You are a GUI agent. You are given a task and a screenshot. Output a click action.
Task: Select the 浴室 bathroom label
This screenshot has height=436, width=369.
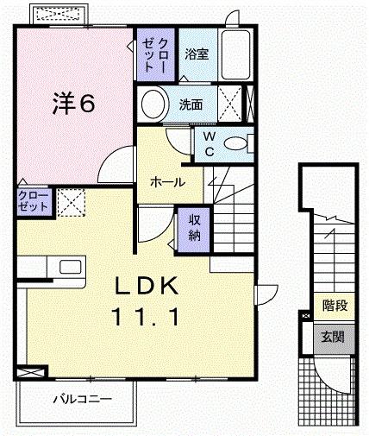click(x=196, y=54)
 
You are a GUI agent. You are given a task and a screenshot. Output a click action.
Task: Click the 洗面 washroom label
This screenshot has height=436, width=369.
click(x=191, y=105)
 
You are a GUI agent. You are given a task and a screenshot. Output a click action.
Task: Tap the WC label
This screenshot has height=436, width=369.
click(x=209, y=144)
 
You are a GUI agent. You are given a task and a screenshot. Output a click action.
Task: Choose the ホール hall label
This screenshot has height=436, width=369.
click(x=166, y=182)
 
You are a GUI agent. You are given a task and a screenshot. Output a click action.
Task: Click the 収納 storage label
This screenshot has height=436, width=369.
click(x=194, y=227)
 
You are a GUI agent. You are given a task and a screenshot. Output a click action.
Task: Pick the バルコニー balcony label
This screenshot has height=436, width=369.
click(x=80, y=399)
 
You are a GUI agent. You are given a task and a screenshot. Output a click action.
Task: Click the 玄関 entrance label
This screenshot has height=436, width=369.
click(x=334, y=336)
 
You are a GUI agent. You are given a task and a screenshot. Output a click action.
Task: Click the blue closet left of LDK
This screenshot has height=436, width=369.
click(x=34, y=202)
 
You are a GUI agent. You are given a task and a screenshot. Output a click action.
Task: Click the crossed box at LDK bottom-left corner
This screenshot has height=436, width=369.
click(x=32, y=371)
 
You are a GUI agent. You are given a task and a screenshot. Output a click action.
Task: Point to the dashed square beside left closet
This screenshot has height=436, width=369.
click(x=71, y=203)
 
